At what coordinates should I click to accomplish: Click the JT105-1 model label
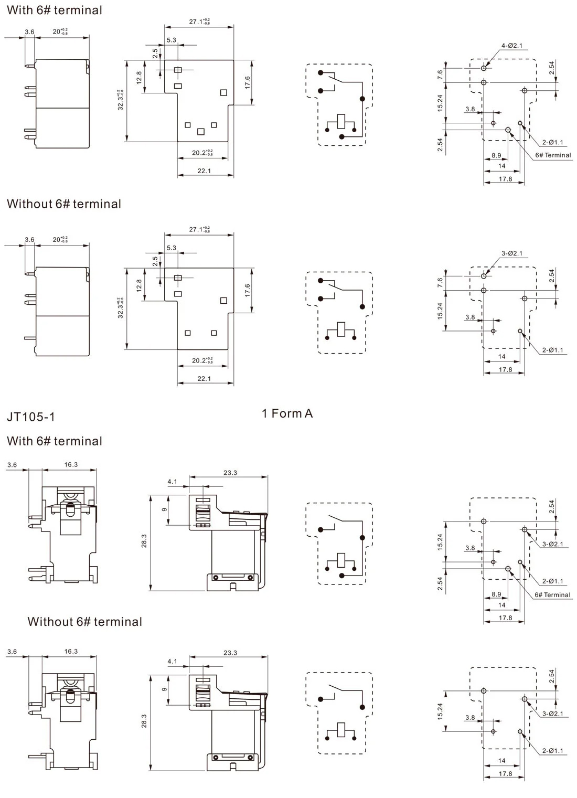tap(31, 417)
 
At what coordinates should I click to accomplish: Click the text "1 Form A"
tap(287, 413)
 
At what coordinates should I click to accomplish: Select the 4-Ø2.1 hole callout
tap(512, 46)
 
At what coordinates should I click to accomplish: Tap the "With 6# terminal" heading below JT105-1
tap(55, 441)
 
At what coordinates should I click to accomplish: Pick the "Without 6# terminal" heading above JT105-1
tap(64, 204)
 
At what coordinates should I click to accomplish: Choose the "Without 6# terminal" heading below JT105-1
tap(85, 622)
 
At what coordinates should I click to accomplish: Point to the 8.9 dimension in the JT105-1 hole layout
tap(496, 594)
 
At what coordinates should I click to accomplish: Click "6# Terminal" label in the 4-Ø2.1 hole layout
tap(553, 155)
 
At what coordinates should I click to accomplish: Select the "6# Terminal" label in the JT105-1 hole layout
tap(552, 594)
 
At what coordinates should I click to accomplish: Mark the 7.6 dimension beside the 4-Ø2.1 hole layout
tap(440, 75)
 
